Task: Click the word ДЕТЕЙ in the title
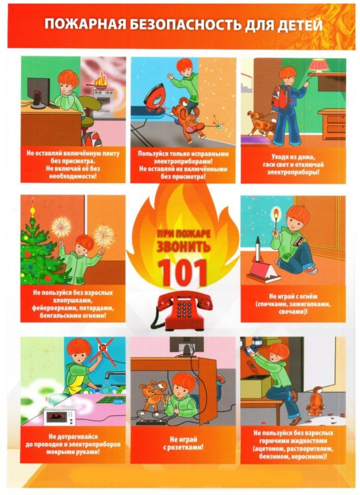(299, 25)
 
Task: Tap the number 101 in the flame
(182, 273)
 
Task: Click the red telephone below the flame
(182, 310)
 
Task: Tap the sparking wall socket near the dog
(218, 126)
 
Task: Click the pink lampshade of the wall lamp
(319, 65)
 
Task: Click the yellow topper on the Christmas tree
(32, 209)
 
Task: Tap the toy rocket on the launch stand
(258, 249)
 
